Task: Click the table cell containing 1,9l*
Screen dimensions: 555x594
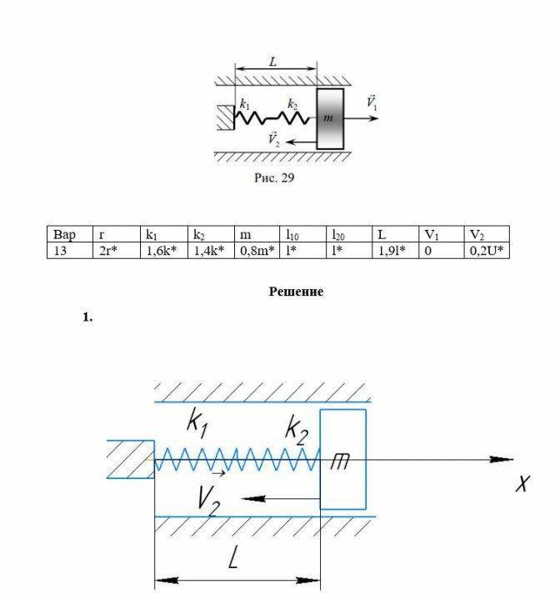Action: (396, 251)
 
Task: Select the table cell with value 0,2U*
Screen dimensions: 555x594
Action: (487, 251)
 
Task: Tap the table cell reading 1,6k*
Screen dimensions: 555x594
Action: (164, 251)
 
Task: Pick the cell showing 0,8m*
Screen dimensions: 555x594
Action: (257, 251)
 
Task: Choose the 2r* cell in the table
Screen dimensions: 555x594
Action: (117, 251)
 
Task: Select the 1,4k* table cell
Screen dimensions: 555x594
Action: (211, 251)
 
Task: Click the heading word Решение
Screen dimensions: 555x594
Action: (296, 292)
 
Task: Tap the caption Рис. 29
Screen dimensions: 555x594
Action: (274, 177)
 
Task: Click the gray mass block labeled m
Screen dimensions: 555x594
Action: (330, 119)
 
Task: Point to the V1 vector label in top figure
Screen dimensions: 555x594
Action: (372, 102)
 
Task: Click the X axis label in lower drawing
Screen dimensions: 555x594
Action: (522, 483)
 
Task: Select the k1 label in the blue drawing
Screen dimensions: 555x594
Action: (197, 422)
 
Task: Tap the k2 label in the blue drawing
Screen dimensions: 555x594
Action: (297, 431)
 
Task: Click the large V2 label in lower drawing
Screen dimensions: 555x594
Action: (208, 501)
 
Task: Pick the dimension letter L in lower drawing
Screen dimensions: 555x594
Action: (233, 557)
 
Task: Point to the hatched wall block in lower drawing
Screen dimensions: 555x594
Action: (130, 459)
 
